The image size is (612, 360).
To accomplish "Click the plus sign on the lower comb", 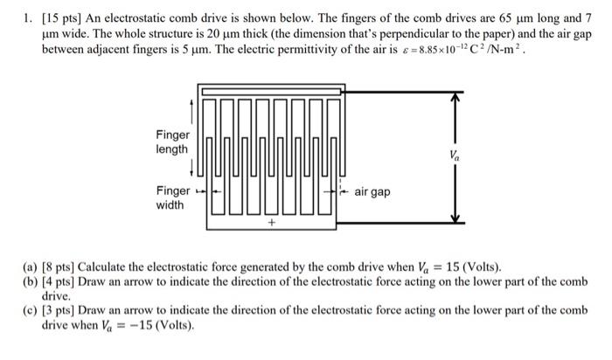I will tap(271, 223).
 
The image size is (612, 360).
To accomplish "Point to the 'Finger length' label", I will tap(171, 142).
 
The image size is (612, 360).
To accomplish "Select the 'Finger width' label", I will tap(171, 198).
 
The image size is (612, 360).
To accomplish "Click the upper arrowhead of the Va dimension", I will tap(454, 98).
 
